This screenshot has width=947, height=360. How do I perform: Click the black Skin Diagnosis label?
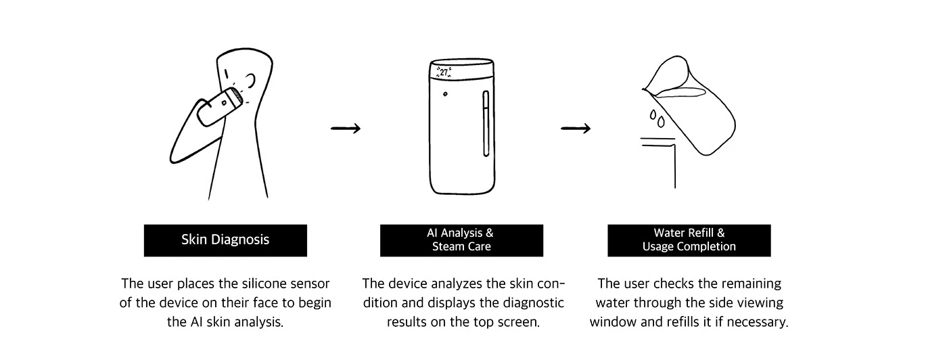click(x=225, y=240)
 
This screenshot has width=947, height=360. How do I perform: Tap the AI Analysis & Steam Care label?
click(x=461, y=240)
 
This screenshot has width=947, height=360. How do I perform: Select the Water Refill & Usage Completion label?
click(x=689, y=240)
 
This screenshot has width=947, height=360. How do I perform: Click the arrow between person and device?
click(x=346, y=129)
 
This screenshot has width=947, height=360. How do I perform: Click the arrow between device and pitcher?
click(x=576, y=129)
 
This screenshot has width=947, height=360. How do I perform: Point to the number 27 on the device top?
click(x=444, y=71)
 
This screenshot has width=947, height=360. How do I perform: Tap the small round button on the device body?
click(x=445, y=93)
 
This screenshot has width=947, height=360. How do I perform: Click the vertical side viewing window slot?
click(x=484, y=124)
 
